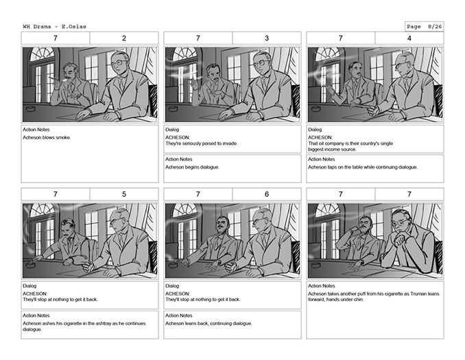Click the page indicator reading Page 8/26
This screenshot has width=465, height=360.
click(424, 27)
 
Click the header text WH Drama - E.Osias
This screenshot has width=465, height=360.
click(55, 27)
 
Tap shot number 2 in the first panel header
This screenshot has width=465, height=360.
click(124, 38)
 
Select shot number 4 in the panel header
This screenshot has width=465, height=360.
click(409, 38)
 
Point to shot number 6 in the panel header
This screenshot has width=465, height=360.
click(267, 194)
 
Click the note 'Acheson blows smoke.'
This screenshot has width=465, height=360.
click(47, 138)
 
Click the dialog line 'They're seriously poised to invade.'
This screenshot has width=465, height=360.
click(202, 143)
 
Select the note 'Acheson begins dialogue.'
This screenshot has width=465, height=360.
click(193, 167)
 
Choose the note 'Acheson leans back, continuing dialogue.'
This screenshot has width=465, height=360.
click(208, 324)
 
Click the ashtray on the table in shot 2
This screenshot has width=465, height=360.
click(31, 109)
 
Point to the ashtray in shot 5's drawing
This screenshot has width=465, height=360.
click(31, 265)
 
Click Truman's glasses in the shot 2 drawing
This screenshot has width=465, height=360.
click(119, 63)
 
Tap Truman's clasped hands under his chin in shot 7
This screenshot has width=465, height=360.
click(400, 238)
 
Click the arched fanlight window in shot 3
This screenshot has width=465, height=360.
click(185, 54)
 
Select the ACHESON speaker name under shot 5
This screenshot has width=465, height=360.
click(35, 294)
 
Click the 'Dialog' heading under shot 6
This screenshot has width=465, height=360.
click(172, 286)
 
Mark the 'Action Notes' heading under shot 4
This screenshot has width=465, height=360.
click(322, 159)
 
